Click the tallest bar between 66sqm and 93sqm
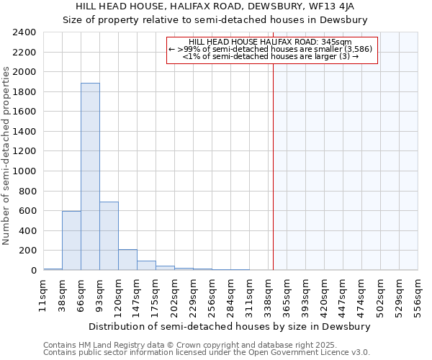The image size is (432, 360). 90,176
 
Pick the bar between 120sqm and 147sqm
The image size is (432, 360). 127,260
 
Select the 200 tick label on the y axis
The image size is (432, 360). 29,251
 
